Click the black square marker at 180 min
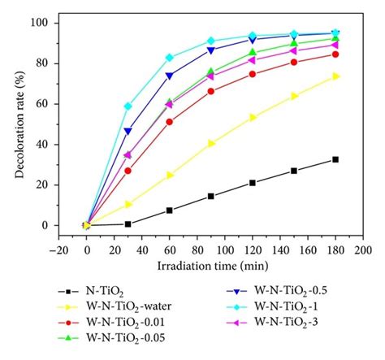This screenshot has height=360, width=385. [335, 159]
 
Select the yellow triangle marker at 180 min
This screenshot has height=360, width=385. [335, 76]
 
